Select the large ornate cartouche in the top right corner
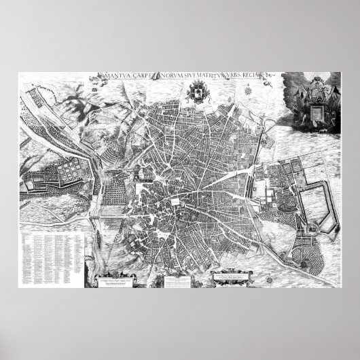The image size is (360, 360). [310, 101]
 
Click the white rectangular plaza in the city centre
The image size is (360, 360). [175, 201]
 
